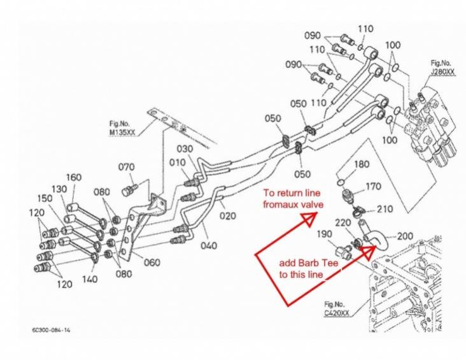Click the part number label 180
[361, 164]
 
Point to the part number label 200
[406, 236]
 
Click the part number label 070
[127, 167]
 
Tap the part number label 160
[74, 176]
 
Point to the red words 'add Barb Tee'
[304, 263]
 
